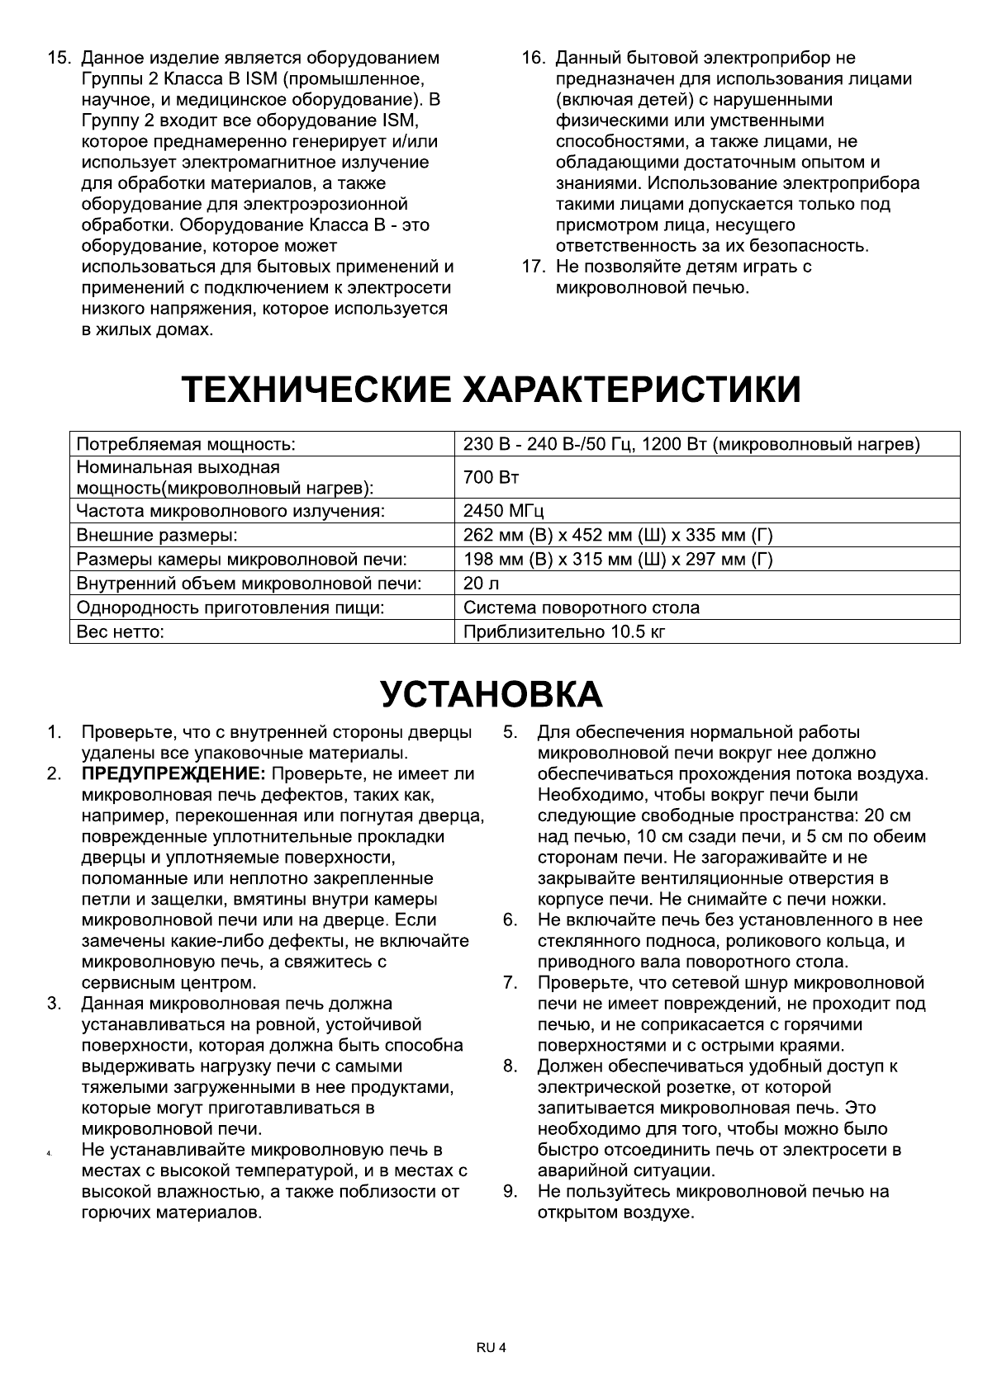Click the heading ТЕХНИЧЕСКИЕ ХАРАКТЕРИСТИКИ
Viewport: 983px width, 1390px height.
(491, 389)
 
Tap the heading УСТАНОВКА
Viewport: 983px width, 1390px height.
(491, 694)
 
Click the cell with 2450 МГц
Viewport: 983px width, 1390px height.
(504, 511)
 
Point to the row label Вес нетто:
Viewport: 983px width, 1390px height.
(121, 632)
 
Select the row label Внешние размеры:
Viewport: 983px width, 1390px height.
(157, 535)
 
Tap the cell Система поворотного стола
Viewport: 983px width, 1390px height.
(582, 608)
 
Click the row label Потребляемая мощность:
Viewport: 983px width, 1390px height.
(186, 445)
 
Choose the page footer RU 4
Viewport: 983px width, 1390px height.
(491, 1348)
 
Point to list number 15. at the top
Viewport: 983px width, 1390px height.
(59, 59)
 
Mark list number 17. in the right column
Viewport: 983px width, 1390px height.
(533, 267)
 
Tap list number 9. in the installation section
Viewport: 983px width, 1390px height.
(510, 1191)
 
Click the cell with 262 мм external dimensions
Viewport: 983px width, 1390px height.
(618, 535)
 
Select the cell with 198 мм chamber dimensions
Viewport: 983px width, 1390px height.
(618, 560)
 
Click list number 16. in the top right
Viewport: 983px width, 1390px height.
(533, 59)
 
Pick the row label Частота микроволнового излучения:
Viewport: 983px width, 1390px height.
(231, 511)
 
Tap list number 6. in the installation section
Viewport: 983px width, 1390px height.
(510, 920)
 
